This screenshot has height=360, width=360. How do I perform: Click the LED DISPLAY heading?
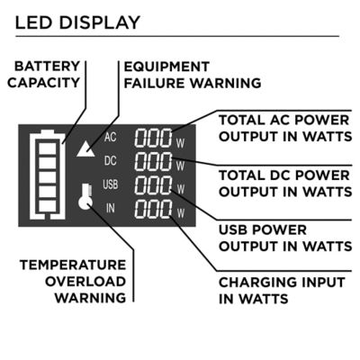[77, 22]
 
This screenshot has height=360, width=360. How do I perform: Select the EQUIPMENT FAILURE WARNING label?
[192, 75]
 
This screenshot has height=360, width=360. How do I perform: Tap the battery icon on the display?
[45, 175]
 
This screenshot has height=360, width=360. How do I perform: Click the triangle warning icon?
[85, 149]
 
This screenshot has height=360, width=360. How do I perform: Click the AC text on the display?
[111, 138]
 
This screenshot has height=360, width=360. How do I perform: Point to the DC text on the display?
[111, 162]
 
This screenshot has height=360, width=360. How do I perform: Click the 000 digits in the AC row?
[153, 139]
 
